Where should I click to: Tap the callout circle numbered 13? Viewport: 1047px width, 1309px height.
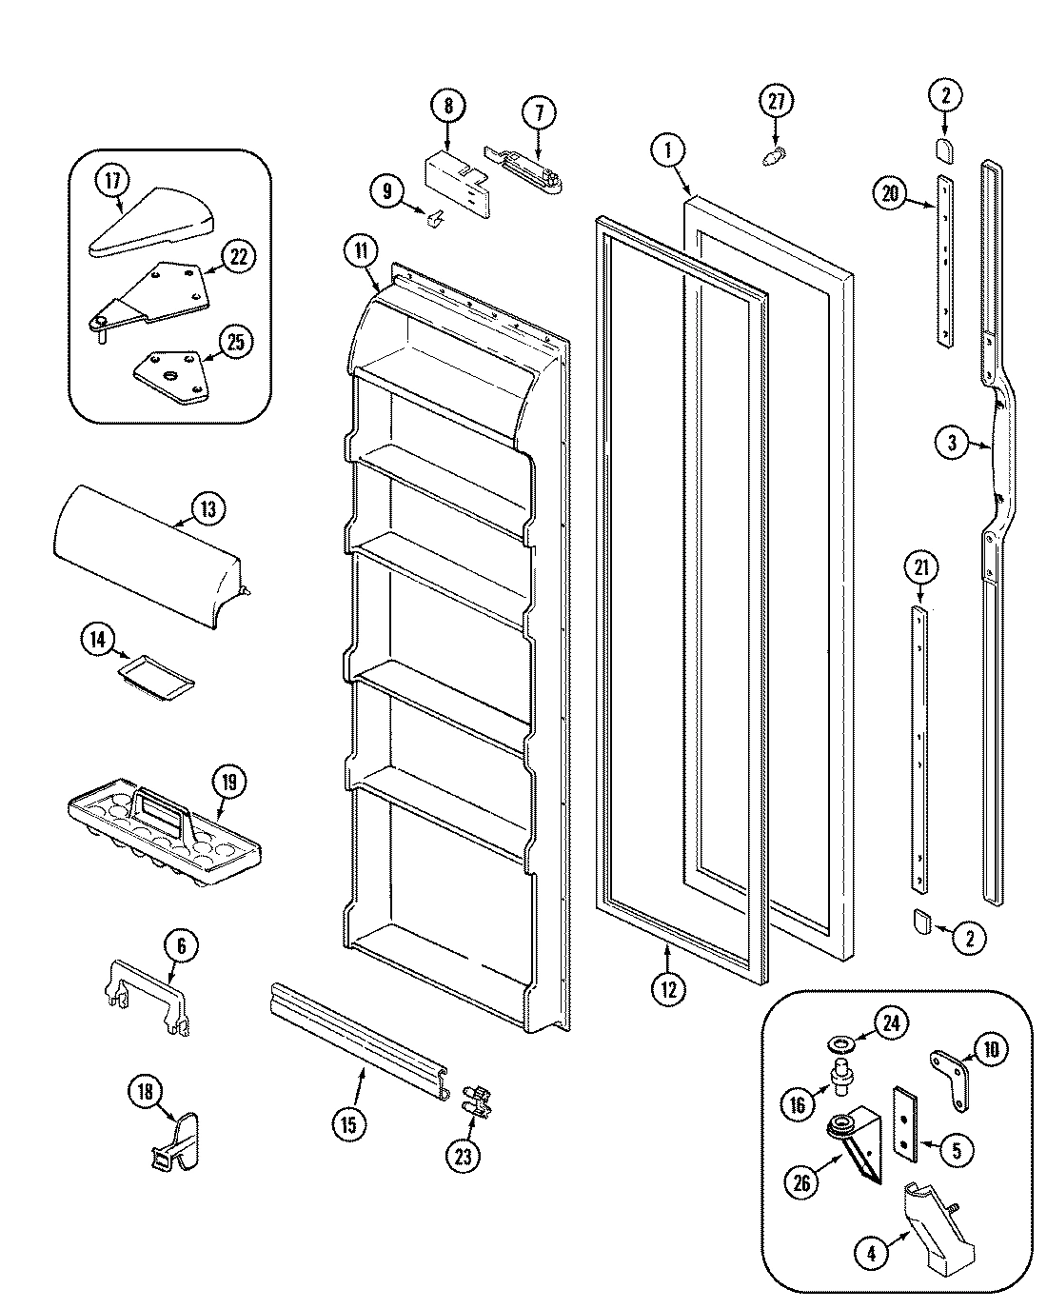(207, 508)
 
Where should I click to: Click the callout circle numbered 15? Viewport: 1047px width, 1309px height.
(348, 1124)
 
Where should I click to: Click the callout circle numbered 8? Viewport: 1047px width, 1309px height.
(448, 106)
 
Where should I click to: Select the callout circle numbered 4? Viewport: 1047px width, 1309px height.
(871, 1254)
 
